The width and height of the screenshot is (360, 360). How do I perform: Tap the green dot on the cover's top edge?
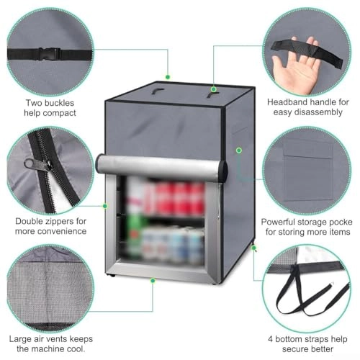pyautogui.click(x=168, y=76)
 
